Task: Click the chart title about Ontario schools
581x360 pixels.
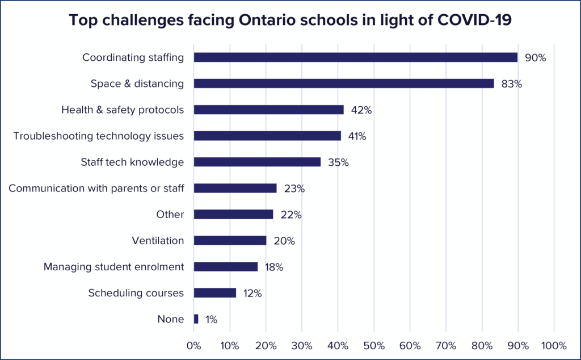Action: pyautogui.click(x=290, y=20)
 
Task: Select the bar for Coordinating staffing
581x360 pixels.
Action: pyautogui.click(x=356, y=57)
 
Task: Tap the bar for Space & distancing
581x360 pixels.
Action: pyautogui.click(x=344, y=83)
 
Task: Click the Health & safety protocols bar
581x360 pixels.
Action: pyautogui.click(x=269, y=110)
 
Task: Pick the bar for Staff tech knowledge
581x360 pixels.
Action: pyautogui.click(x=257, y=162)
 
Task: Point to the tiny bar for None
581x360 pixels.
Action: pyautogui.click(x=196, y=319)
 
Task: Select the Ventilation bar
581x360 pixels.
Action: pyautogui.click(x=230, y=241)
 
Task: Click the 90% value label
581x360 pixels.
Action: pyautogui.click(x=535, y=57)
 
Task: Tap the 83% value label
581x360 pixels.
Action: pyautogui.click(x=511, y=84)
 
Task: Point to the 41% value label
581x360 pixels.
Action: pyautogui.click(x=357, y=136)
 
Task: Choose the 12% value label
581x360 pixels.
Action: pyautogui.click(x=252, y=294)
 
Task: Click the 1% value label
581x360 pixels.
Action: pyautogui.click(x=211, y=320)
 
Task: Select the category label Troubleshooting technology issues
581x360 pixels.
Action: pyautogui.click(x=99, y=136)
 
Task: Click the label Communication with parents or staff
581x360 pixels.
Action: pyautogui.click(x=96, y=189)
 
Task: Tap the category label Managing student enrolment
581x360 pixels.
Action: pyautogui.click(x=114, y=267)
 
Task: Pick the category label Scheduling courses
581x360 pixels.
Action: pyautogui.click(x=136, y=293)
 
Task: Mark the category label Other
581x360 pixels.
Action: pyautogui.click(x=170, y=215)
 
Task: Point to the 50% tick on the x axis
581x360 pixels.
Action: pyautogui.click(x=374, y=345)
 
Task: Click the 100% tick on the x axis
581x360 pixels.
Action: pyautogui.click(x=553, y=345)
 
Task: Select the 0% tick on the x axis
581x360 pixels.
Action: pyautogui.click(x=194, y=345)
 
